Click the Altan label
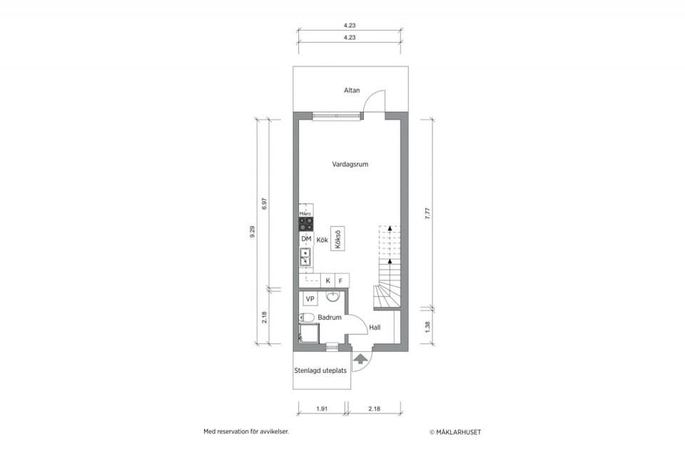(352, 90)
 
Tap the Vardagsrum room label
(350, 164)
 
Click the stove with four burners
(306, 224)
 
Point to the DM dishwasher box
(306, 239)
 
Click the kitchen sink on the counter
(305, 256)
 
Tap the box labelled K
(328, 281)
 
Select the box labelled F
(341, 281)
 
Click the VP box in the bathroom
(310, 298)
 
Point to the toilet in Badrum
(307, 317)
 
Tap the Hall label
(375, 328)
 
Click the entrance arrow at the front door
(361, 358)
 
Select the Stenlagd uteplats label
(320, 371)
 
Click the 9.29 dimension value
(253, 233)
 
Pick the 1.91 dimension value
(321, 410)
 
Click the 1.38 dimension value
(427, 326)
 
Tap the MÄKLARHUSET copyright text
(460, 432)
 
